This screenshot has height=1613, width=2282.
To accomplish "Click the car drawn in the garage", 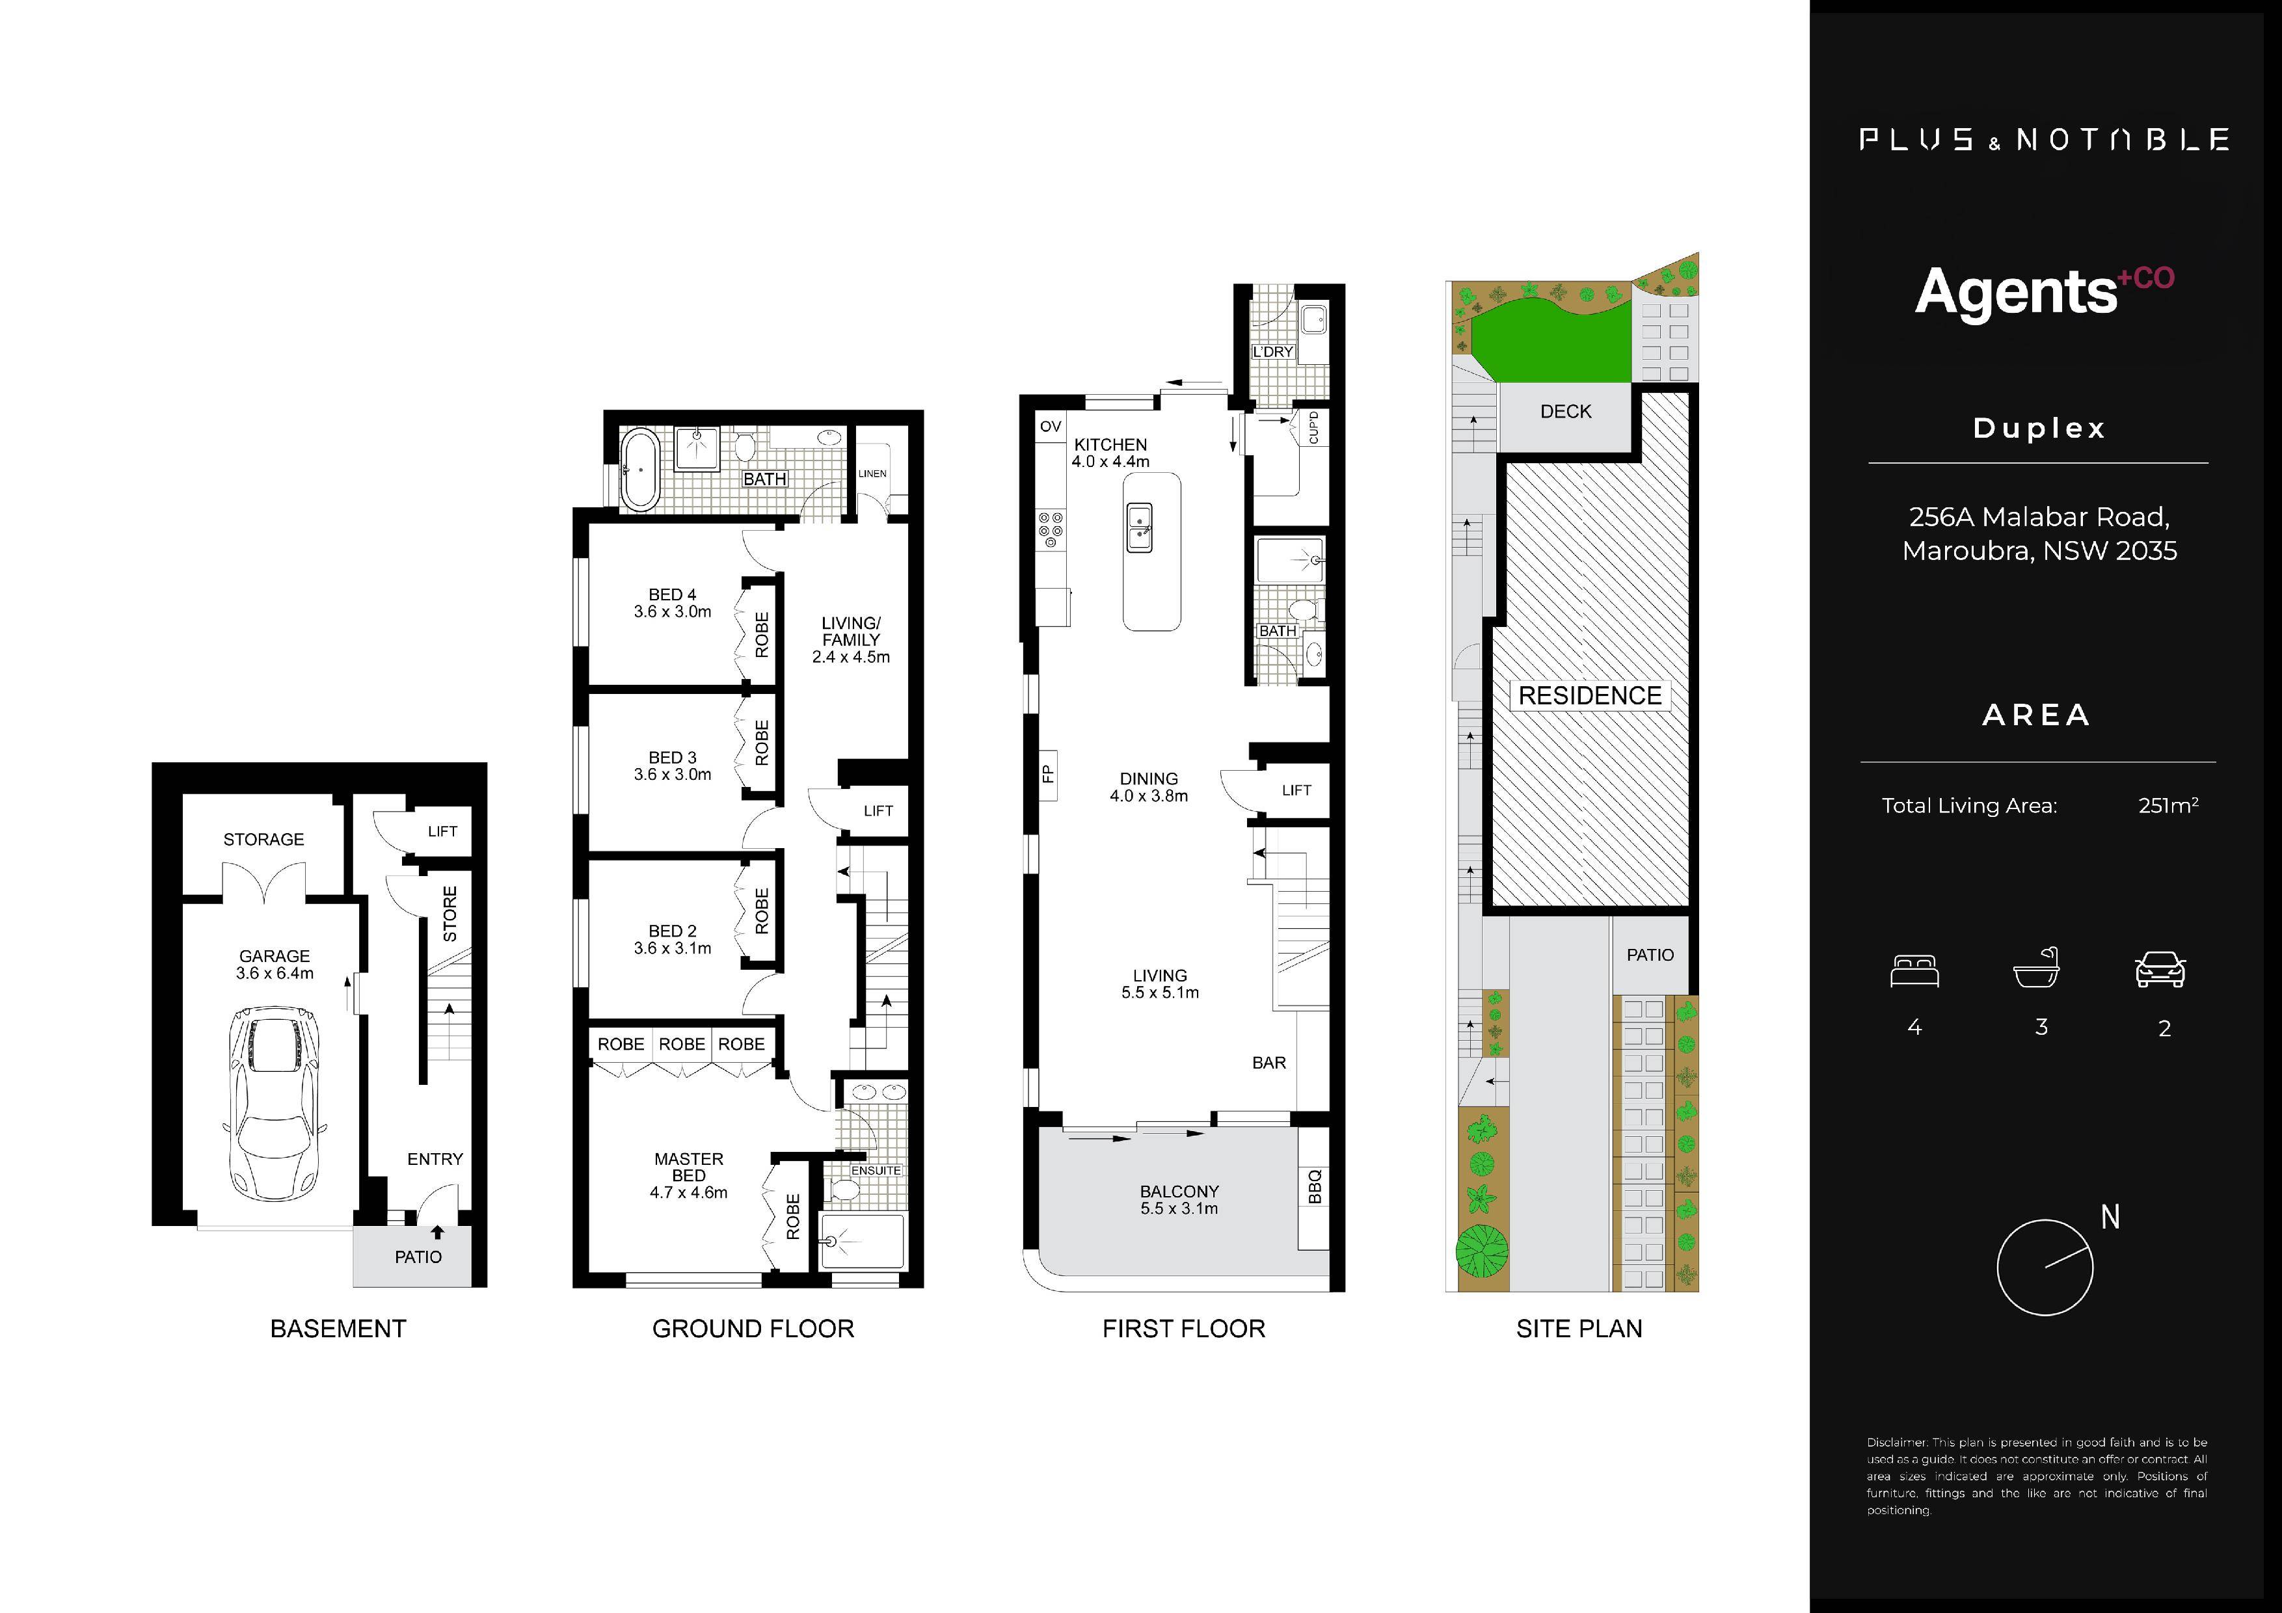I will click(273, 1103).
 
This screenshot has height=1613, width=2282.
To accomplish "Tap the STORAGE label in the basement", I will click(263, 840).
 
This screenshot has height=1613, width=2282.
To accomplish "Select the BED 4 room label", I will click(672, 595).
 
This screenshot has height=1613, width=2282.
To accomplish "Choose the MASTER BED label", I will click(689, 1167).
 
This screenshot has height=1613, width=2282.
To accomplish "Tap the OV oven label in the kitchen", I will click(1051, 427).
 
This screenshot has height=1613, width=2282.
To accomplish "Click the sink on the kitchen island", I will click(1139, 527).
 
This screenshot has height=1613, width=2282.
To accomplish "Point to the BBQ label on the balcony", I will click(1314, 1186).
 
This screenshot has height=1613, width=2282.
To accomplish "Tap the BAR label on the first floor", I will click(1269, 1062).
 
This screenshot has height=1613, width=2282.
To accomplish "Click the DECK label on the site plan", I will click(1565, 412).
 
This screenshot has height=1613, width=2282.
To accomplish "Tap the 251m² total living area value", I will click(2168, 805).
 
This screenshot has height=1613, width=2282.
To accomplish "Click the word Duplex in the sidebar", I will click(2039, 429).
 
